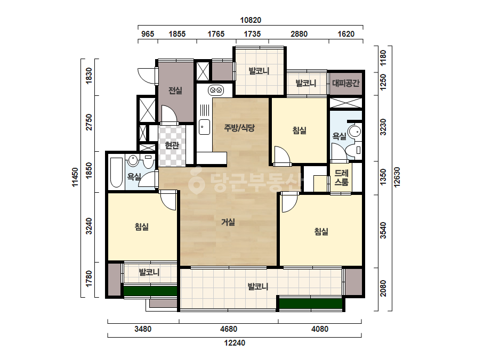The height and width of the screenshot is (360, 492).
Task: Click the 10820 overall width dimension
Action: click(251, 20)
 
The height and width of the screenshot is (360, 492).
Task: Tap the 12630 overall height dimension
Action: click(397, 177)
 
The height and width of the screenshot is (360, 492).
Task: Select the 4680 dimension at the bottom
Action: click(229, 329)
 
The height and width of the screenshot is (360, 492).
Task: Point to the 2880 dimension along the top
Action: click(299, 34)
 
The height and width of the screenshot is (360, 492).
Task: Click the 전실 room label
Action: click(175, 91)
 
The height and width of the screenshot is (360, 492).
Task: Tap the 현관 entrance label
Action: click(172, 145)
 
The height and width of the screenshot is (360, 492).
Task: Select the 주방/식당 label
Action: click(239, 128)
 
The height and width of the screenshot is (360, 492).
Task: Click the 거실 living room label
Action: click(228, 222)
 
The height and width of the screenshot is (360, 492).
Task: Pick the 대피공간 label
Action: click(346, 83)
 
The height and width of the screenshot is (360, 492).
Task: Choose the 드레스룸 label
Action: click(341, 177)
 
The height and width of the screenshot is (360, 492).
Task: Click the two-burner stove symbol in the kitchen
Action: click(215, 91)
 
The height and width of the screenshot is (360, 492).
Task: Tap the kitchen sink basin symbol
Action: click(204, 127)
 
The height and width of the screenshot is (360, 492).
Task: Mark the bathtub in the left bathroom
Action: click(116, 173)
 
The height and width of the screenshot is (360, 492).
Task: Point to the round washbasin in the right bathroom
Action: click(355, 132)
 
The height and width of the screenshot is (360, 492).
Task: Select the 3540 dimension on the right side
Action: click(383, 231)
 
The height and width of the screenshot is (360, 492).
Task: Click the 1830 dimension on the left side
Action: click(89, 76)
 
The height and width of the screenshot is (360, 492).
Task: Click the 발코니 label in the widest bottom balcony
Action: click(258, 287)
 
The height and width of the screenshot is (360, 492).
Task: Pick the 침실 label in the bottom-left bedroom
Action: click(141, 226)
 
